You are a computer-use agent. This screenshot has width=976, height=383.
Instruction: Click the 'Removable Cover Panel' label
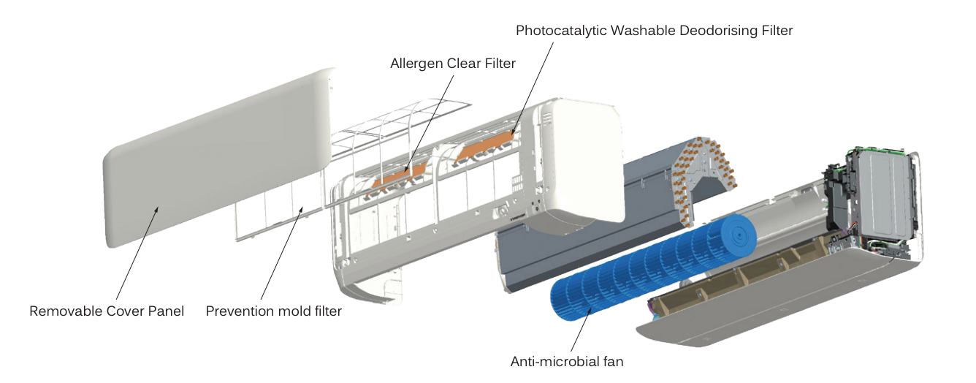(x=107, y=311)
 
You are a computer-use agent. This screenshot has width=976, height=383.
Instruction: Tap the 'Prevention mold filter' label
(x=274, y=311)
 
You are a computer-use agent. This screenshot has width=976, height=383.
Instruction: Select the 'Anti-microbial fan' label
(x=567, y=361)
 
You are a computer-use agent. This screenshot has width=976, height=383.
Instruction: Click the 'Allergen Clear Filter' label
(x=453, y=64)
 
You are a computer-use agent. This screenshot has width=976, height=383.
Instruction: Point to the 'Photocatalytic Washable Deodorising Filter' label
(x=654, y=31)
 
